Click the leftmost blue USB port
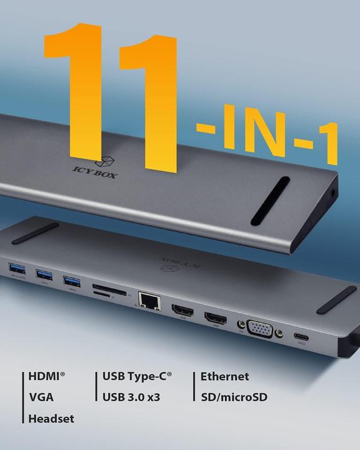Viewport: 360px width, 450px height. click(15, 270)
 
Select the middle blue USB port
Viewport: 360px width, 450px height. click(43, 274)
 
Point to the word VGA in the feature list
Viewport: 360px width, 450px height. click(41, 397)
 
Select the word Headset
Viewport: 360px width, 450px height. click(51, 419)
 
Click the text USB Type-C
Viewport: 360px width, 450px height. click(136, 377)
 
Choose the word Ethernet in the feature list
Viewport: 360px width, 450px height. click(225, 377)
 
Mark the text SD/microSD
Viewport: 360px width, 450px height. click(234, 397)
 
